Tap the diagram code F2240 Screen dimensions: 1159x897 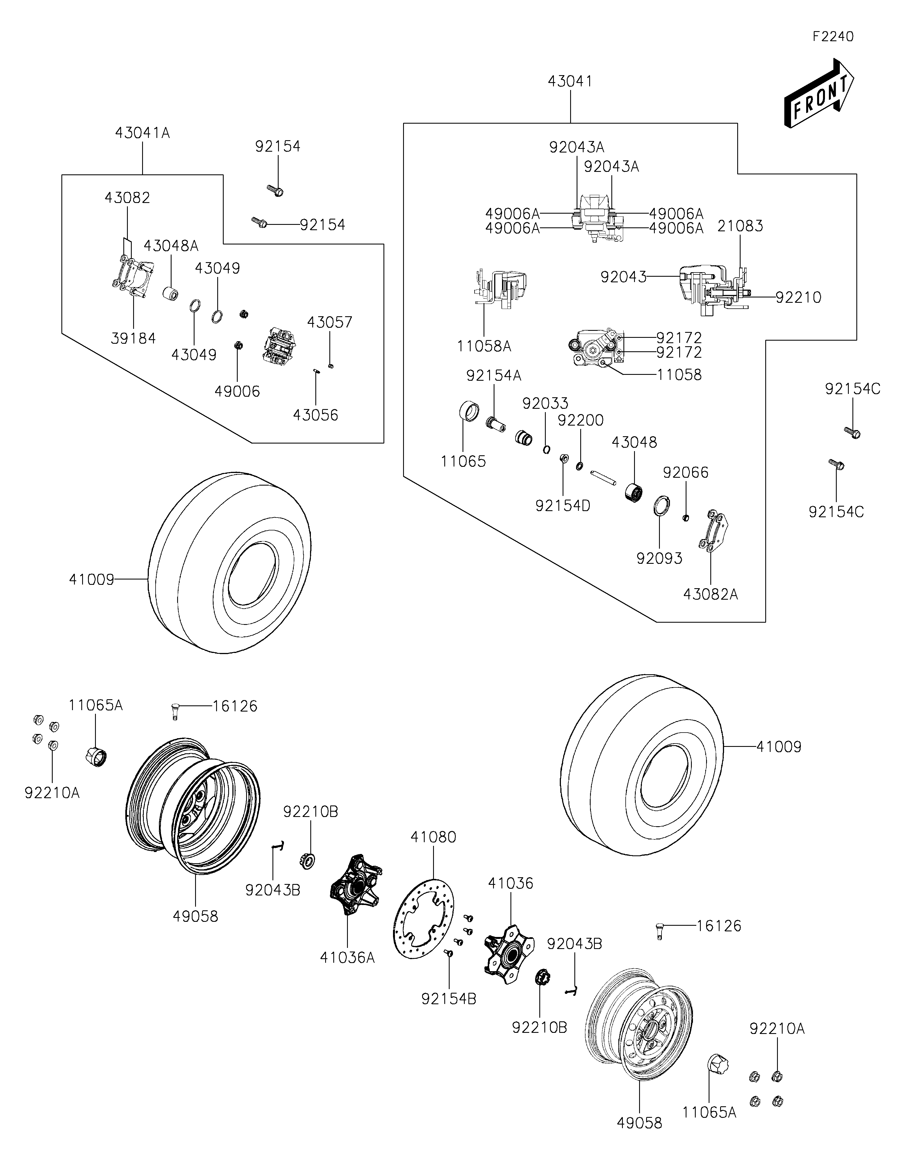coord(833,37)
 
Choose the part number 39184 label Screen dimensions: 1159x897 coord(133,338)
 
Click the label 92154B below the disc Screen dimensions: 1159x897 coord(449,999)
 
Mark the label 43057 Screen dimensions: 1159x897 coord(329,322)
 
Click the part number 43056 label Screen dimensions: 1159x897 coord(316,415)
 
